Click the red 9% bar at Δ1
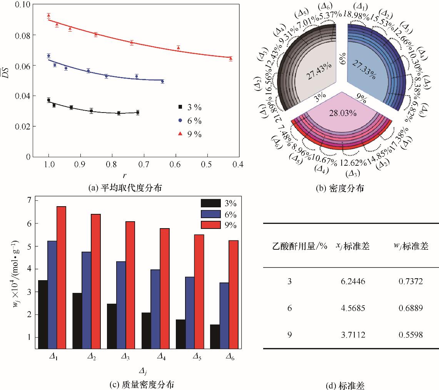[x=62, y=277]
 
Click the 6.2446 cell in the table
[x=351, y=282]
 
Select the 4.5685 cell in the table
[x=351, y=308]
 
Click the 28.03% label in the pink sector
[x=343, y=113]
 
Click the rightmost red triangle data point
[x=230, y=59]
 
